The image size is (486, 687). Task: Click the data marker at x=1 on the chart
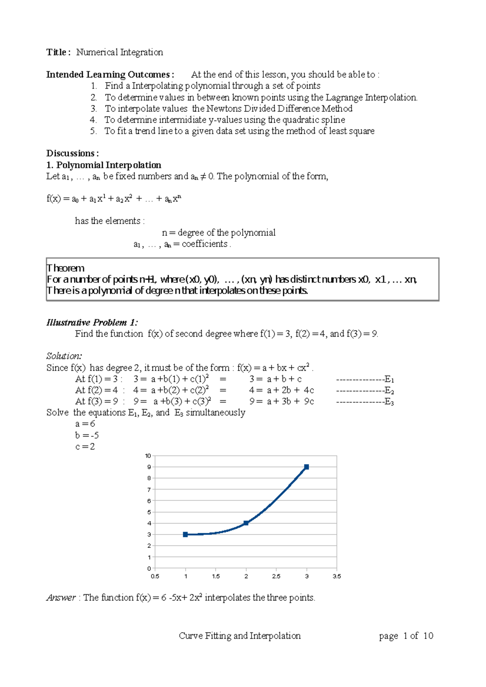(185, 534)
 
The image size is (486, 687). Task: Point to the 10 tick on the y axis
(148, 456)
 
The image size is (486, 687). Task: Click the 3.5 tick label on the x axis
(337, 576)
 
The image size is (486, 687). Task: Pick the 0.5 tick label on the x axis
(155, 576)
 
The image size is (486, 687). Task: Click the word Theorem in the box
(66, 268)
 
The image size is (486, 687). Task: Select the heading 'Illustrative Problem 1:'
(92, 322)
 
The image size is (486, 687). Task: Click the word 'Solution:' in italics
(64, 356)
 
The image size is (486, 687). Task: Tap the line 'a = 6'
(85, 424)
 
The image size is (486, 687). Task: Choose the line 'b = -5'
(87, 435)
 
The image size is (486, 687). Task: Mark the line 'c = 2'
(85, 447)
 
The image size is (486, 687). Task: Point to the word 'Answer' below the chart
(61, 598)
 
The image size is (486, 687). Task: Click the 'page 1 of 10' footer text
(406, 636)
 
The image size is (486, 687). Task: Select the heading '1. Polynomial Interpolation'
(104, 165)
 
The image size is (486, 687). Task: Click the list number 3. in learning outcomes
(94, 108)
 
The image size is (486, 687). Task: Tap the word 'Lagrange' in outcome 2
(344, 98)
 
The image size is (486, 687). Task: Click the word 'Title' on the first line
(56, 52)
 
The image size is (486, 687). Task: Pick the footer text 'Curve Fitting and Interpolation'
(240, 636)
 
